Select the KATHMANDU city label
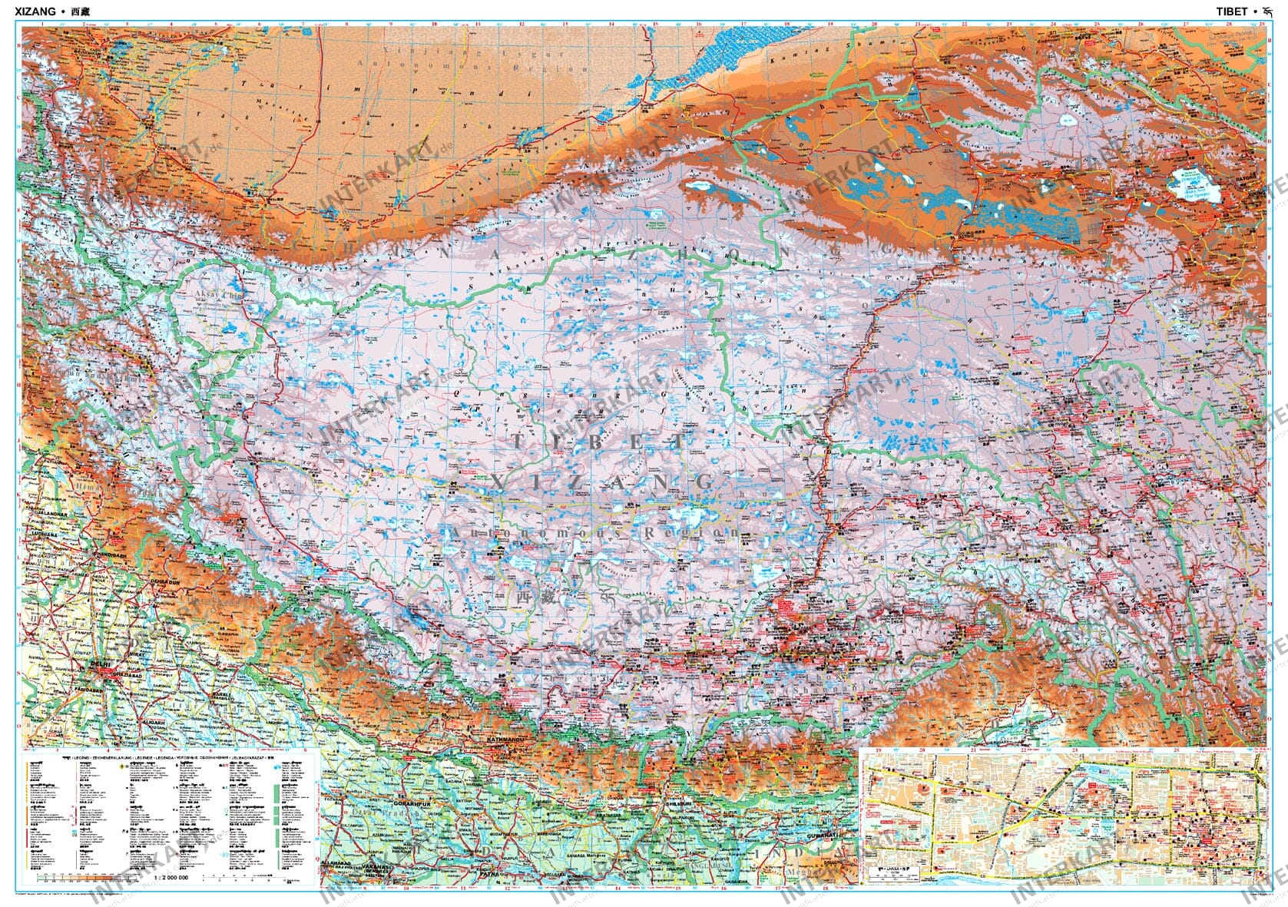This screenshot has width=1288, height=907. pos(505,740)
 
